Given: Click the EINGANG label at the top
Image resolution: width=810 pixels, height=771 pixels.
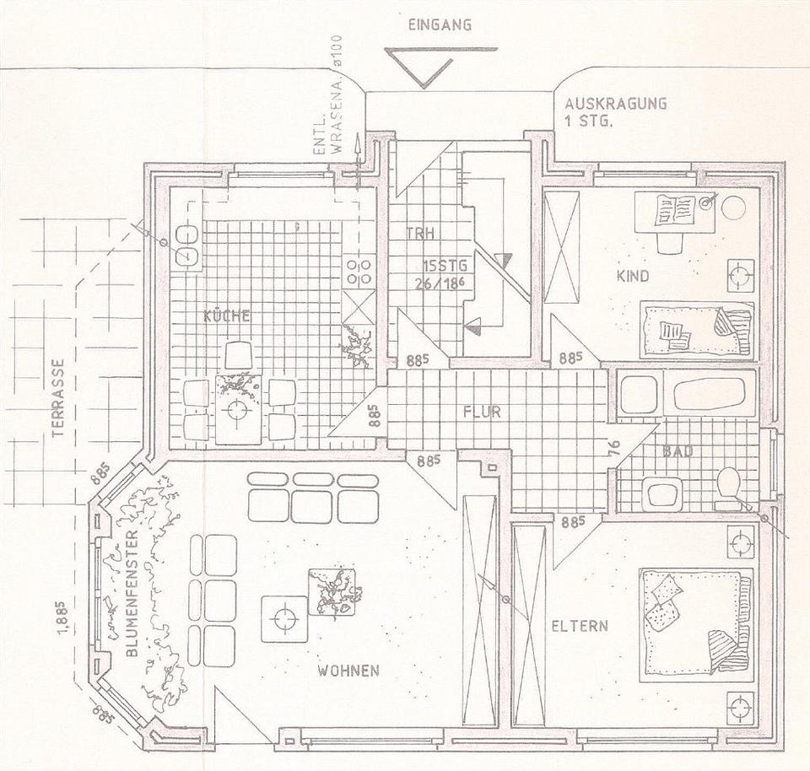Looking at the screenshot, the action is [x=439, y=25].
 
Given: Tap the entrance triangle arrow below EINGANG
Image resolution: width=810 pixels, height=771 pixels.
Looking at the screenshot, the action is [x=421, y=67].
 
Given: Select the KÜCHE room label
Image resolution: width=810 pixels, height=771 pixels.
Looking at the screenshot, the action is [x=227, y=316].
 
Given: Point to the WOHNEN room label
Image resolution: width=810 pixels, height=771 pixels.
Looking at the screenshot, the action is [x=348, y=671].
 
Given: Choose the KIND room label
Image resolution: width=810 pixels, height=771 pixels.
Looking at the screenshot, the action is [x=633, y=276].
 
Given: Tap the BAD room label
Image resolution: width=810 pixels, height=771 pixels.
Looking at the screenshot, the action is [x=678, y=452].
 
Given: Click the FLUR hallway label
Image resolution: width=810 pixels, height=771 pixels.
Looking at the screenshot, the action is [x=482, y=412].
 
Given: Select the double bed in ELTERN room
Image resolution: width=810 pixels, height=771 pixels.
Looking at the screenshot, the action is [x=695, y=624].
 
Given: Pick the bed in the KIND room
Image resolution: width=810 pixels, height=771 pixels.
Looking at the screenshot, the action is [x=695, y=330].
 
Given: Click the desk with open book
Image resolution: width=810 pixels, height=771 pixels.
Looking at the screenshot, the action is [x=675, y=209].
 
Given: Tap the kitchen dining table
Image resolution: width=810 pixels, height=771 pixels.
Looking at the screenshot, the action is [x=238, y=410].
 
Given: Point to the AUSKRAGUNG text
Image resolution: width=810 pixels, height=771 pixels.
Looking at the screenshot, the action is [x=616, y=104].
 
